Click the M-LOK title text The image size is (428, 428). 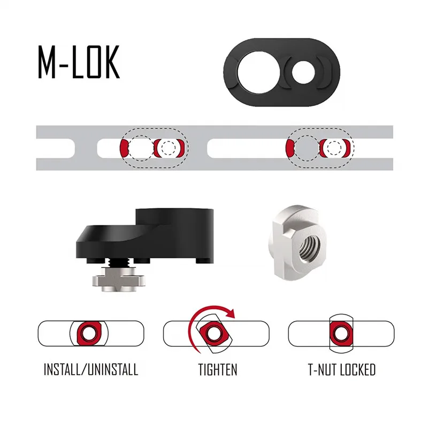coord(79,62)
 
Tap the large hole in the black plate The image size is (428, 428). coord(258,72)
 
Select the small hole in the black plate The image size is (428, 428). coord(303,72)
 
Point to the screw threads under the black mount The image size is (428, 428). coord(117,263)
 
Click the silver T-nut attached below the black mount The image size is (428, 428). coord(118,279)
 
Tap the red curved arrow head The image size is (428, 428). coord(232,314)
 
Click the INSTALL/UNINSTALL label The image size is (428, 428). coord(91,370)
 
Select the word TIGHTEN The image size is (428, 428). coord(218,370)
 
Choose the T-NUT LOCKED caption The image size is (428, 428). coord(342,370)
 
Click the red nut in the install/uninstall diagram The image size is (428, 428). coord(89,333)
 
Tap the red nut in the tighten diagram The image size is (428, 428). coord(214,333)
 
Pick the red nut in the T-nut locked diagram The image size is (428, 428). coord(341,333)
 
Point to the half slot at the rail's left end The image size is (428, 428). coord(56,148)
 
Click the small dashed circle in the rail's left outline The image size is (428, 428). coord(168,148)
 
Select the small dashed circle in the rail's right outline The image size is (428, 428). coord(334,148)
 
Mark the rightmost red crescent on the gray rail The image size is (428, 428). coord(347,148)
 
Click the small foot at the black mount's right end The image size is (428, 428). coord(205,261)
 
